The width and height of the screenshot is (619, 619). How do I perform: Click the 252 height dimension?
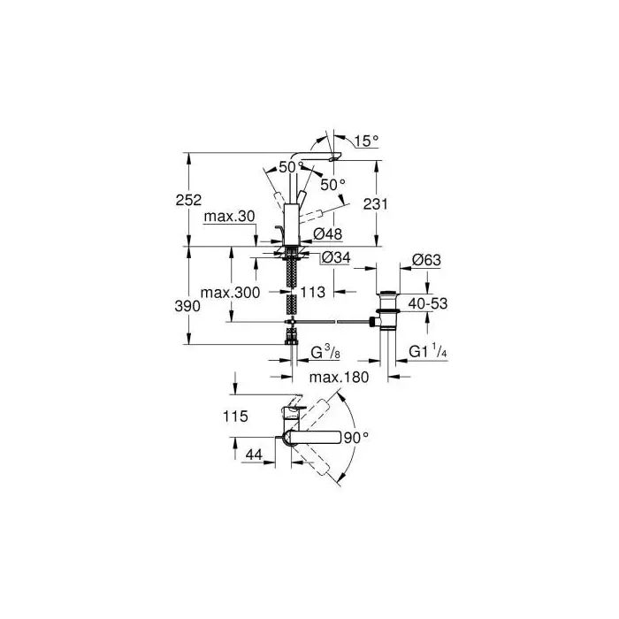tap(188, 200)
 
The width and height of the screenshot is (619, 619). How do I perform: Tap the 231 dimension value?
tap(376, 204)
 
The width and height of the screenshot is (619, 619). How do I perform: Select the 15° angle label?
tap(366, 141)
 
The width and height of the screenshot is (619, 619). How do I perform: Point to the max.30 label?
tap(229, 217)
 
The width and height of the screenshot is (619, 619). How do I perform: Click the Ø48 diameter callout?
tap(327, 234)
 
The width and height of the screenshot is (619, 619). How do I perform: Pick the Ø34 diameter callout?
tap(336, 258)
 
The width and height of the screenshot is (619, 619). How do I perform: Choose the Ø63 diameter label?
tap(426, 260)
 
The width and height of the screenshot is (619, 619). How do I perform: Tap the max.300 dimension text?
tap(231, 293)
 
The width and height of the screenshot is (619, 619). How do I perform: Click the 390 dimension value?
tap(187, 306)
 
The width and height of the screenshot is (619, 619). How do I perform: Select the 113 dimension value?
tap(313, 292)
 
